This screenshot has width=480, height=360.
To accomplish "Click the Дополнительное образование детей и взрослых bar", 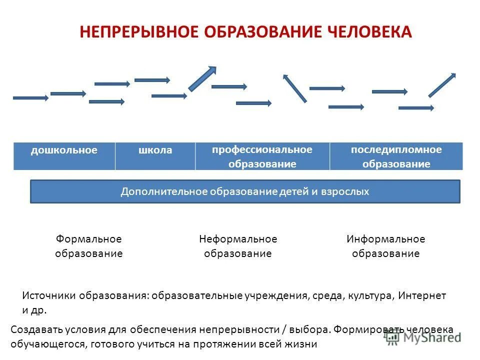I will coord(245,191).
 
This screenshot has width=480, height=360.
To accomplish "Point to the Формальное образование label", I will coord(88,246).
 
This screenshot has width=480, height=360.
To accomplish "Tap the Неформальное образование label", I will coord(237,246).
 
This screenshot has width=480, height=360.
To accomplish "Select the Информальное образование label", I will coord(385,246).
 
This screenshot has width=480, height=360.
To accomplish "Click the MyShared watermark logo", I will coord(423,337).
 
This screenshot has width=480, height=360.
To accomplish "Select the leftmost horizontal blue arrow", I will coord(30,97).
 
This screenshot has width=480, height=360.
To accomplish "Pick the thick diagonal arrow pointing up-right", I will coord(202,78).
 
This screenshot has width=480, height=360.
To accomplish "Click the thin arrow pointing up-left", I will coord(295,88).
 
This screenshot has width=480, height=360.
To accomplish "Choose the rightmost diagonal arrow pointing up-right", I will coord(442,85).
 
